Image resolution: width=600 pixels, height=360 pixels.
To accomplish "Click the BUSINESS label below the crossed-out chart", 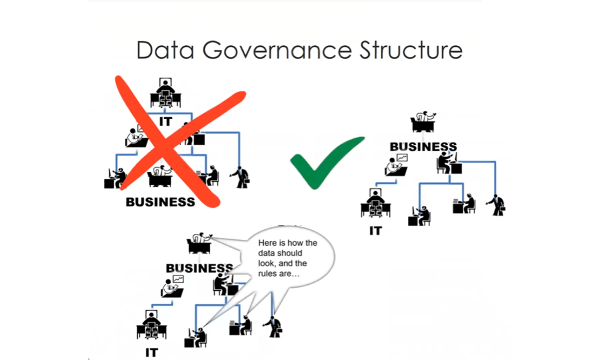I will tap(161, 202).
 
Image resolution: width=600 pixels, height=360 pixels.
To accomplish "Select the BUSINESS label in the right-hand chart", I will tap(423, 146).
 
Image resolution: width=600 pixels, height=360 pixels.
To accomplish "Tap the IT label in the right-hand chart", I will tap(375, 230).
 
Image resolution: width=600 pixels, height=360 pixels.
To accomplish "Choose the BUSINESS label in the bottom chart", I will tap(199, 268).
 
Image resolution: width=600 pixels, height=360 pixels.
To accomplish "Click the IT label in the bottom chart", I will tap(151, 352).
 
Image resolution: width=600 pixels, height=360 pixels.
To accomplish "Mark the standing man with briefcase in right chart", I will tap(496, 204).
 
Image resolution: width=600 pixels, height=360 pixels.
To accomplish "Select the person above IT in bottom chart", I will tap(151, 325).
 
